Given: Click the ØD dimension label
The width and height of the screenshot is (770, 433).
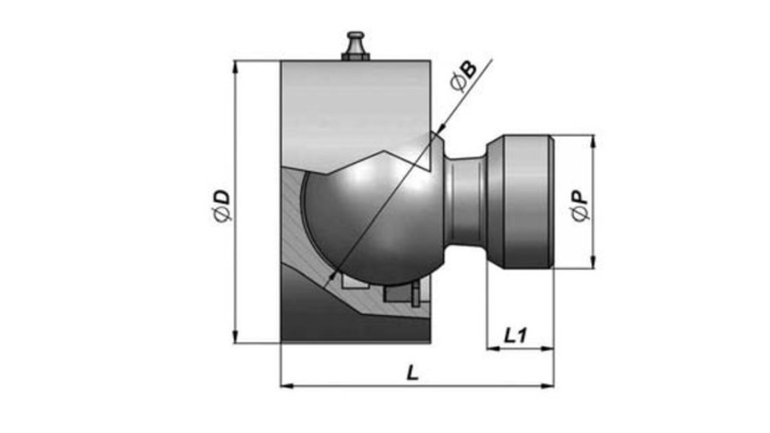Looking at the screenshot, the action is [222, 206].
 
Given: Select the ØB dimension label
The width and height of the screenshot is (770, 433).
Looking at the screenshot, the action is [463, 76].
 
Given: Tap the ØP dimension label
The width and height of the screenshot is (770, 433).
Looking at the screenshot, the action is [580, 206].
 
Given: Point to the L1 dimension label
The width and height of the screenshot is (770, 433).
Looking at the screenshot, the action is [516, 335].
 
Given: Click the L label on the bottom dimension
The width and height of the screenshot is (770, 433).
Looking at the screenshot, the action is [412, 373].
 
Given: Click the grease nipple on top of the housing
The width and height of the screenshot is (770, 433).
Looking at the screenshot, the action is [355, 46].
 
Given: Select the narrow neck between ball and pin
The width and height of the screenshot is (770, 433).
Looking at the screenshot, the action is [465, 201].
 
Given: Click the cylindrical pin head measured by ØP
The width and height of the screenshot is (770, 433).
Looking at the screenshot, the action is [520, 201].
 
